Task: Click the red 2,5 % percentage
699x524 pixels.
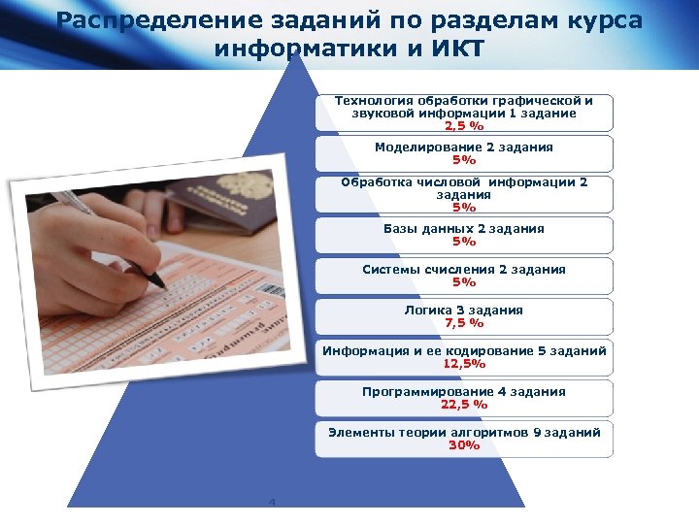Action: coord(464,125)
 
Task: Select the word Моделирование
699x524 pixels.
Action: coord(428,147)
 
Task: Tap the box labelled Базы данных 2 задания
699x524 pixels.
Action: coord(464,235)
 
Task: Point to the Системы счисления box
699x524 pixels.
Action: coord(464,276)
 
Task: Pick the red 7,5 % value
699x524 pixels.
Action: coord(464,323)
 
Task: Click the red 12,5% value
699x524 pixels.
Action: coord(464,364)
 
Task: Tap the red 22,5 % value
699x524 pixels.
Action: coord(464,405)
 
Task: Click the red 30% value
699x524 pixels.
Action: coord(464,445)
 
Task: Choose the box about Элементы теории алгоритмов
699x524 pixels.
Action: coord(464,439)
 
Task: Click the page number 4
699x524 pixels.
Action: coord(273,502)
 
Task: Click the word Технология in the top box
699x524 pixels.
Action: coord(374,100)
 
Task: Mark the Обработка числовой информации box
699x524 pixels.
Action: coord(464,194)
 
